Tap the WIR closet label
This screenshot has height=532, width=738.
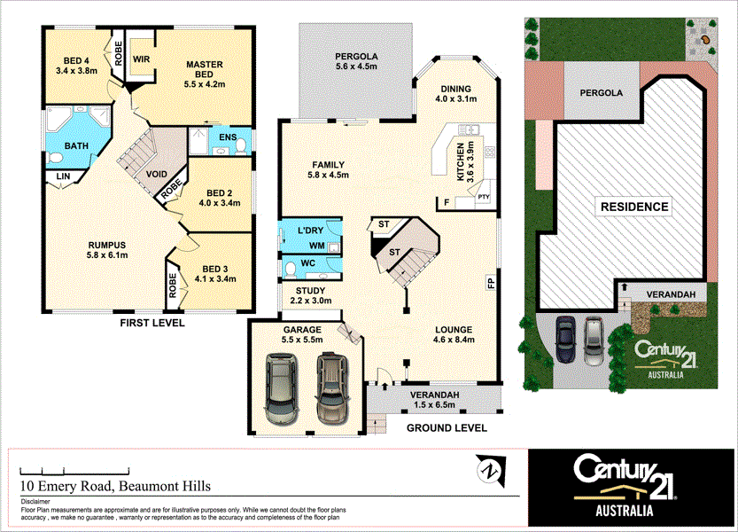click(x=141, y=59)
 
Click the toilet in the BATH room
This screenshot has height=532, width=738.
click(x=55, y=157)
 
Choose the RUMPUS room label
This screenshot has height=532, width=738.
click(x=107, y=245)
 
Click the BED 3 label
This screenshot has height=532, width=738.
click(x=216, y=270)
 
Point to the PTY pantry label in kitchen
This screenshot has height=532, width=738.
click(x=484, y=197)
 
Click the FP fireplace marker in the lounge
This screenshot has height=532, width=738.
click(x=489, y=284)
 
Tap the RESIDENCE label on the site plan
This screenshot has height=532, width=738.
click(x=634, y=207)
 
